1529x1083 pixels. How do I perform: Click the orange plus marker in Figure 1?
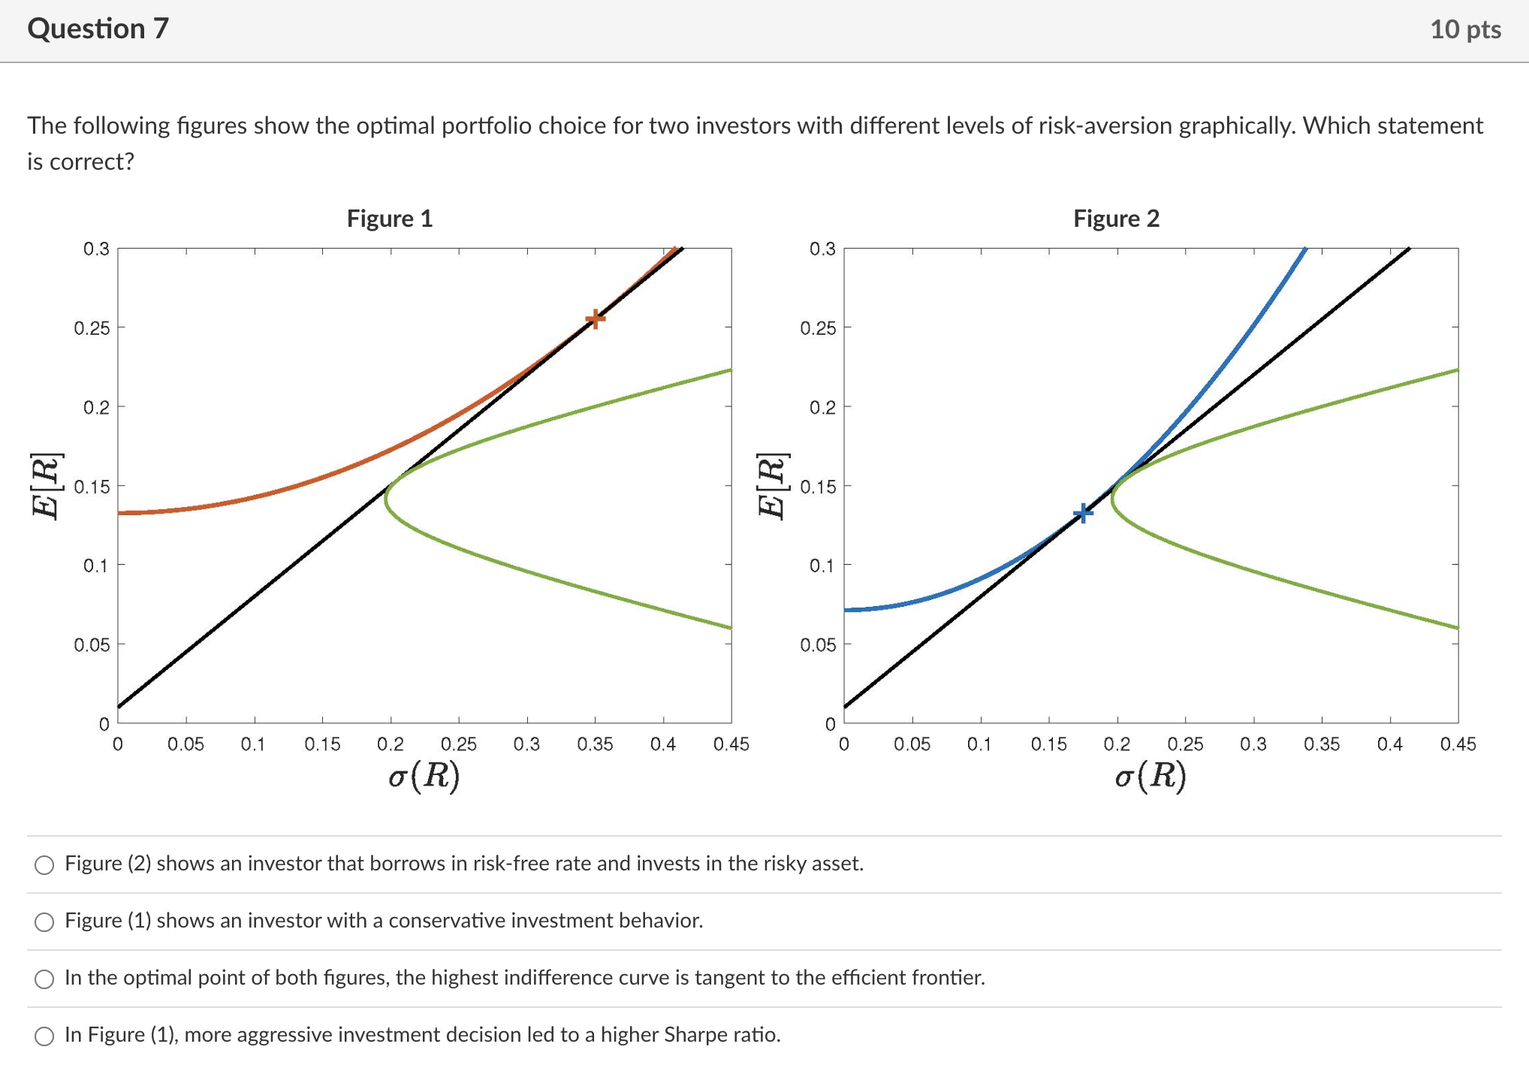595,319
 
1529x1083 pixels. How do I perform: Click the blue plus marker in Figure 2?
1082,514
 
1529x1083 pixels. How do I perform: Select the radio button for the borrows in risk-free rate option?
44,865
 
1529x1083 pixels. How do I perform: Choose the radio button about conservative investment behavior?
44,922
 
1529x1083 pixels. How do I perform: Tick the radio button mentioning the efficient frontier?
44,979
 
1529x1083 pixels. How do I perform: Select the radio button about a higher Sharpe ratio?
44,1036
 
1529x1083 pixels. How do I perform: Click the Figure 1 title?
389,219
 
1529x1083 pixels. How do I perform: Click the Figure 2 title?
1116,219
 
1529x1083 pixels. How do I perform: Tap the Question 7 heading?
98,29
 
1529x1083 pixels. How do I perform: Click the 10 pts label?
1464,29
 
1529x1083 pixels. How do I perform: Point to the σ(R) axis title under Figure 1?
424,776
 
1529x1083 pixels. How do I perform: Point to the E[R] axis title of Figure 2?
772,486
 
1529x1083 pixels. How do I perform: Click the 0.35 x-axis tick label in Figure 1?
595,744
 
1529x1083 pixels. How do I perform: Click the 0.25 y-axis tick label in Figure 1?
92,328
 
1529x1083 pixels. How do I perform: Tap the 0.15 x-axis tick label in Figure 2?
1048,744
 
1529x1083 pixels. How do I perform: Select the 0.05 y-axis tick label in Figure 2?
818,645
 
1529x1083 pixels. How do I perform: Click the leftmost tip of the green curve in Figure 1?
386,497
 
